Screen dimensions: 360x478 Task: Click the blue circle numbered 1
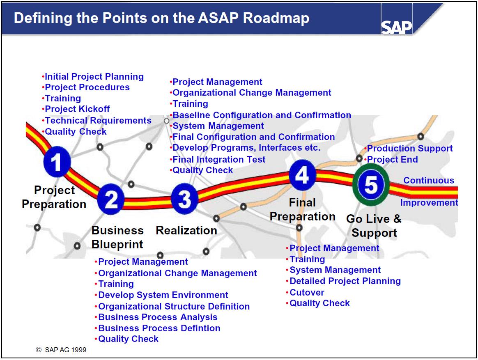[57, 162]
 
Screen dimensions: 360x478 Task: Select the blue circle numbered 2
[111, 199]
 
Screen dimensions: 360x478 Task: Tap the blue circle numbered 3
[184, 199]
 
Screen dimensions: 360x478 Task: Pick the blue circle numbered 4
[302, 175]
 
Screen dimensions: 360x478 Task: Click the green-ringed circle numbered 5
[371, 184]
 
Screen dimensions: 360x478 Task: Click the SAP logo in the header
[396, 27]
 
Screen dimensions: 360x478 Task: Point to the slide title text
[161, 18]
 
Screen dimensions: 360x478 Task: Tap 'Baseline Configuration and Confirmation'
[262, 115]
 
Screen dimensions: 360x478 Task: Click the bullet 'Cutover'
[307, 292]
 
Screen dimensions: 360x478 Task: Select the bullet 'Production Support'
[409, 148]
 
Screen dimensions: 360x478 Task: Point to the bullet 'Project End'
[392, 159]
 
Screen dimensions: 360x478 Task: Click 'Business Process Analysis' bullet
[158, 317]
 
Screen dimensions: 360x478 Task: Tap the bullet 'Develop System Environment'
[163, 295]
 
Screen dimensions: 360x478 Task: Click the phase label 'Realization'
[186, 230]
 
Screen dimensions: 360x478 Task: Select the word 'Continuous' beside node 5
[428, 180]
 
